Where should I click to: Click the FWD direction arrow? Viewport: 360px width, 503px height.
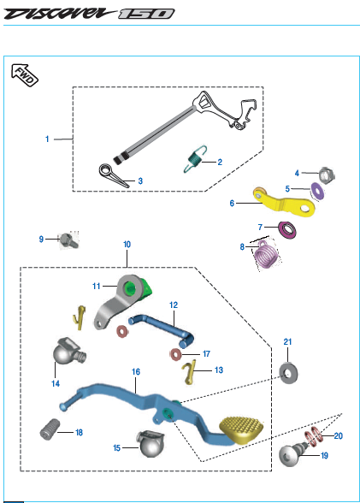[25, 75]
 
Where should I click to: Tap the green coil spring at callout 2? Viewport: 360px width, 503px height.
[195, 159]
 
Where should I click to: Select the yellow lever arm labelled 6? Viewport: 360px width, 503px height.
[284, 203]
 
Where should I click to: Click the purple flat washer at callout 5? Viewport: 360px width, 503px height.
[318, 192]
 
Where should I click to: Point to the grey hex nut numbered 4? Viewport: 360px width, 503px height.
[327, 176]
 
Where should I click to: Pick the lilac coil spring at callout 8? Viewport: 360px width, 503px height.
[267, 255]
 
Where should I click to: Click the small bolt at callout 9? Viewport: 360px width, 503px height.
[69, 240]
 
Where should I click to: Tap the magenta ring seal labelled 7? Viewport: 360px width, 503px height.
[287, 229]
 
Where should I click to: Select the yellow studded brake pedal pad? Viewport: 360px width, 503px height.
[241, 430]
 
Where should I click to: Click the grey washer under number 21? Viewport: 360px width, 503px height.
[288, 373]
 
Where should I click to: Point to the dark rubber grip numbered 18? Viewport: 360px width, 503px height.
[50, 429]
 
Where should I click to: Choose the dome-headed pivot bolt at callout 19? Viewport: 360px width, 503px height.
[293, 453]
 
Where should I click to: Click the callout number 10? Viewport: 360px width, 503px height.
[127, 245]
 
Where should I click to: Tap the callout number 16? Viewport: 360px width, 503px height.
[136, 372]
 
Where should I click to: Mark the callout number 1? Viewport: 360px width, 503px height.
[47, 139]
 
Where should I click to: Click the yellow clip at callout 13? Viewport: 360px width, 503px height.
[188, 371]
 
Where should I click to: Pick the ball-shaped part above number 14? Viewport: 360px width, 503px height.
[68, 352]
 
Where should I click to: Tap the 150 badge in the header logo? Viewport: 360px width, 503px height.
[146, 14]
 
